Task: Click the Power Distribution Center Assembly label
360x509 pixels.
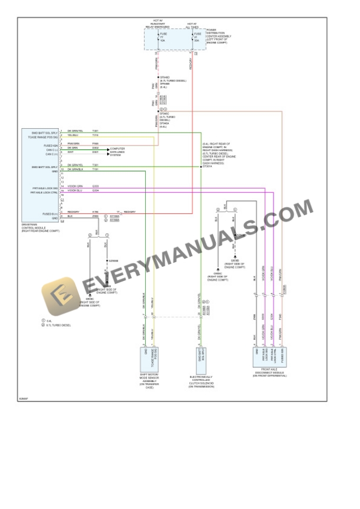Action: tap(219, 36)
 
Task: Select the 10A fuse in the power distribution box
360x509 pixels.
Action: tap(163, 37)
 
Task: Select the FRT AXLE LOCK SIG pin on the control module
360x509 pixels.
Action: tap(45, 188)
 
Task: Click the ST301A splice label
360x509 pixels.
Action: tap(206, 167)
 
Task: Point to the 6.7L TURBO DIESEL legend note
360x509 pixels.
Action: tap(59, 325)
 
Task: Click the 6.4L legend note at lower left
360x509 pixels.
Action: tap(49, 320)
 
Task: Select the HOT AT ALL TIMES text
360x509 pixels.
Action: tap(192, 25)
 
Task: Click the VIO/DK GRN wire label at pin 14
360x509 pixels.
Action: tap(75, 187)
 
